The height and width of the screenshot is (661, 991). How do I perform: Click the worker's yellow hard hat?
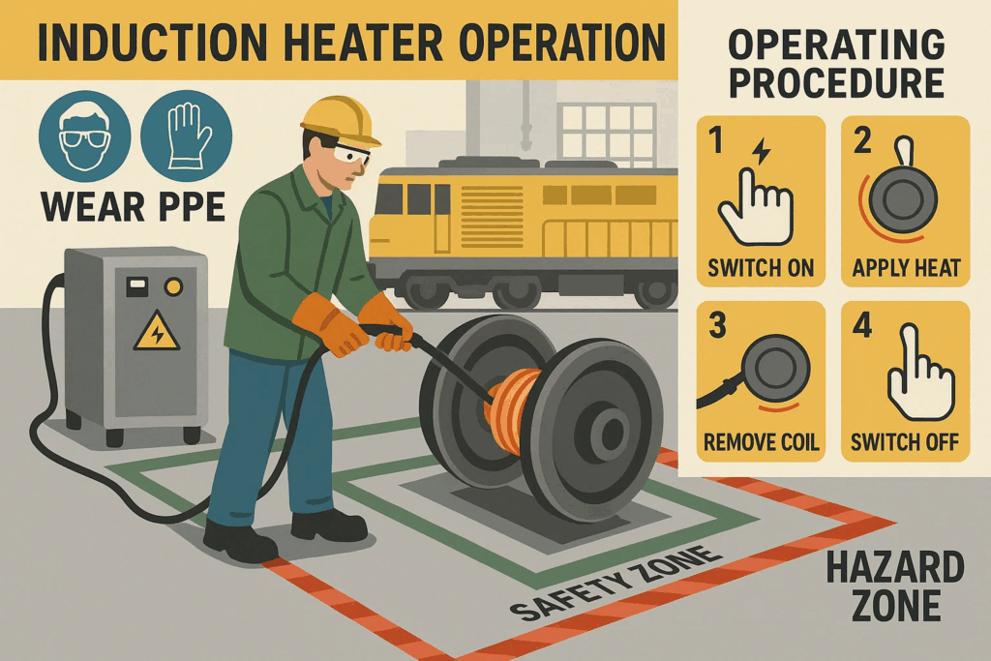coord(339,120)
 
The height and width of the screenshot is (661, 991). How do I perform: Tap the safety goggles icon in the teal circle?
coord(85,135)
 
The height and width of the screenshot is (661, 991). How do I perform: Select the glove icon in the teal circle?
coord(187,135)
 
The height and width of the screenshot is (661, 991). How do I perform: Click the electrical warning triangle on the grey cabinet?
coord(156,331)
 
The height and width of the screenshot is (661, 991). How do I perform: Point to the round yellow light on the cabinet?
coord(172,287)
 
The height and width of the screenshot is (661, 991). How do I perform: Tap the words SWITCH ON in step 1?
coord(761,268)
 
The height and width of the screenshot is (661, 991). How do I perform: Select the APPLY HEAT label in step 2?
coord(906,268)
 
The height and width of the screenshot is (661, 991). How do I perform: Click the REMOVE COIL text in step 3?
coord(761,441)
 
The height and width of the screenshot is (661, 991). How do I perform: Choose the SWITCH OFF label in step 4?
coord(905,441)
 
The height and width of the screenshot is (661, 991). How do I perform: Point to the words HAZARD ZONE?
coord(895,586)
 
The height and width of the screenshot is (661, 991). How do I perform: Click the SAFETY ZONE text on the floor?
coord(615,582)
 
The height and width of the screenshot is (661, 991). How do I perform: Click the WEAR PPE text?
coord(133,207)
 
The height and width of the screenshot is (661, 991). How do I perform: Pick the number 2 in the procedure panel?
coord(862,140)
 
